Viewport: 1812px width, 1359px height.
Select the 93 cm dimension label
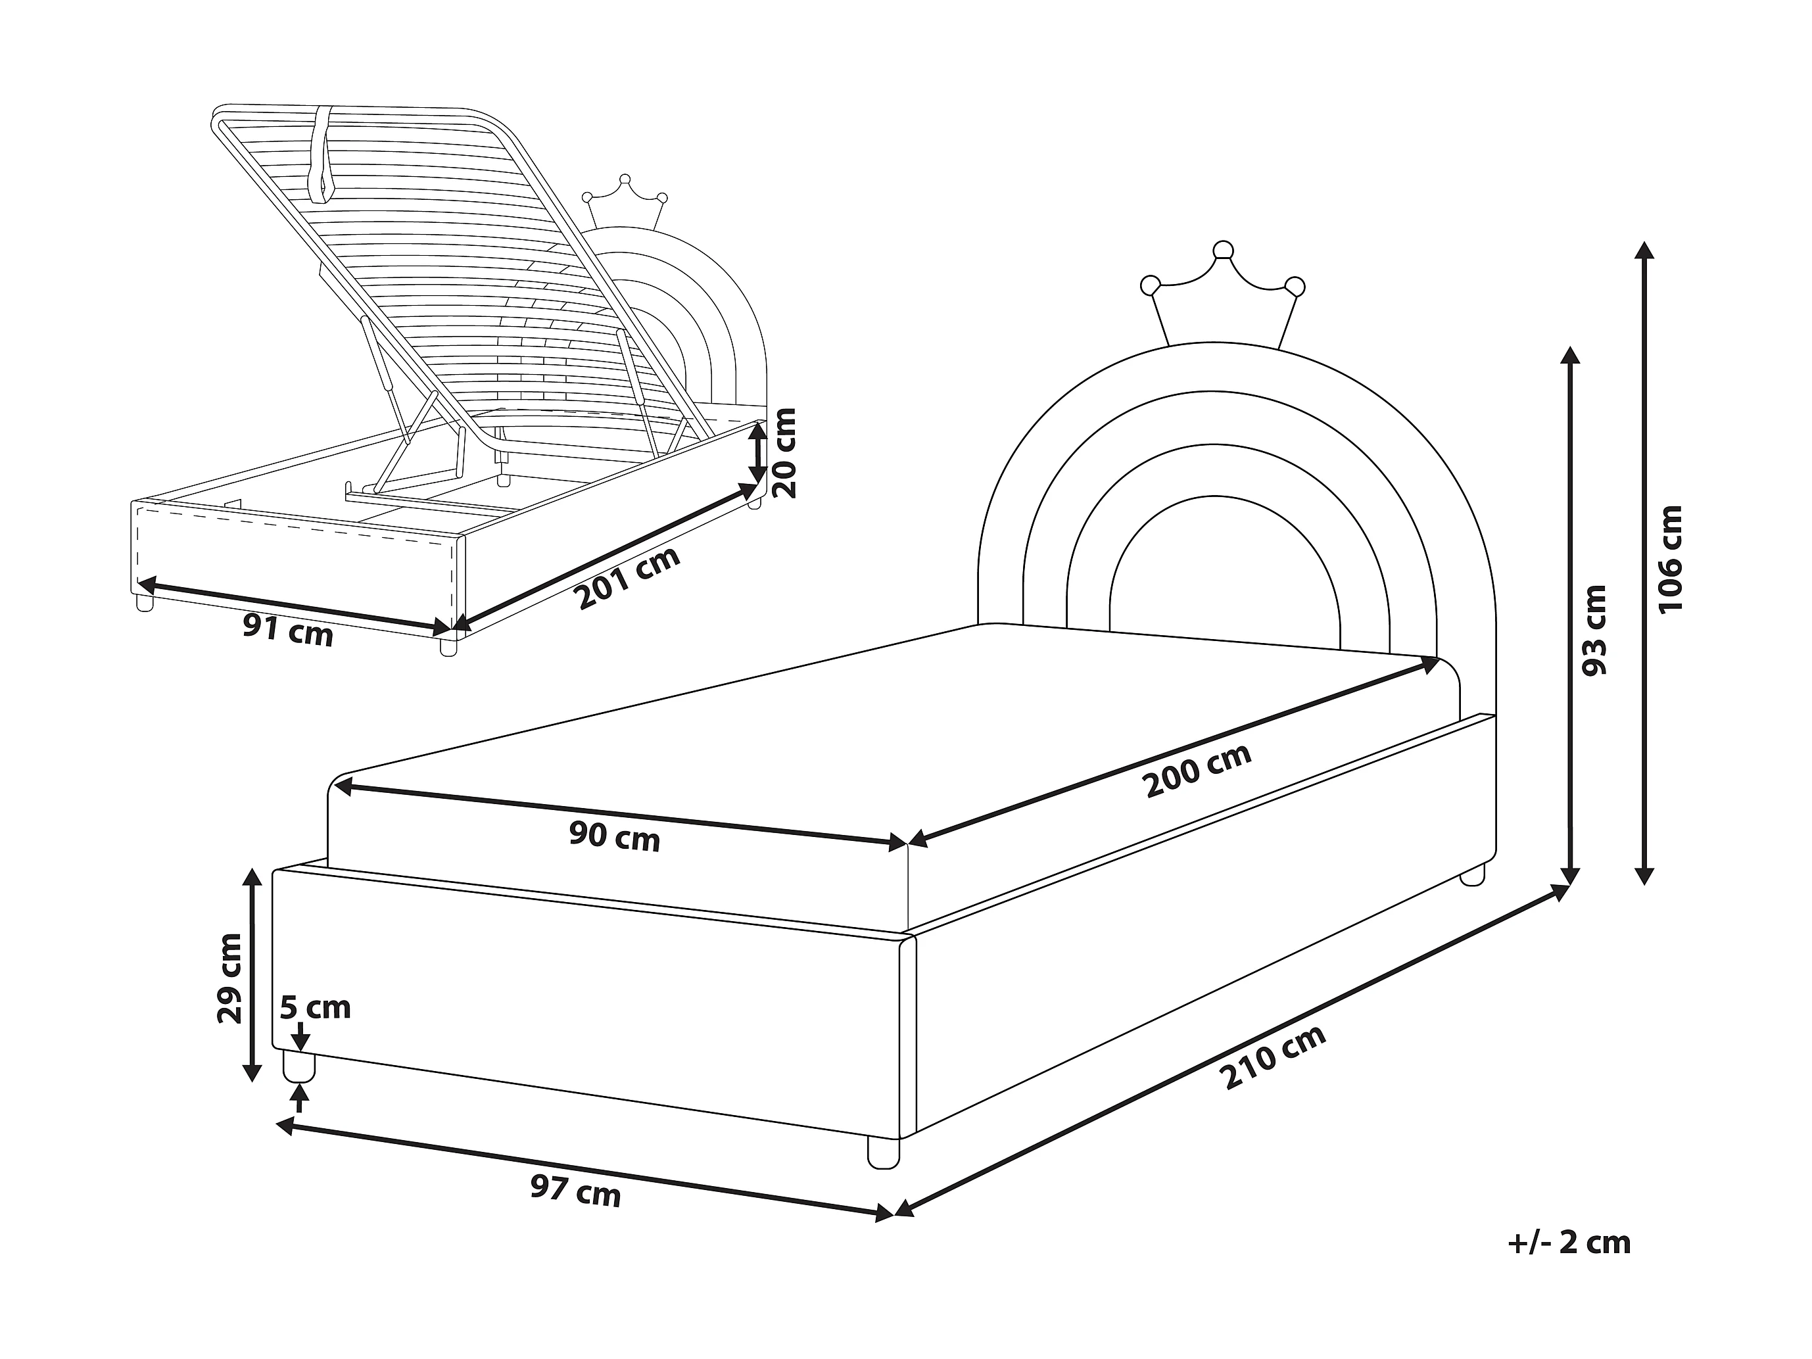click(x=1594, y=630)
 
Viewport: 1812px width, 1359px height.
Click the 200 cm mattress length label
click(x=1198, y=770)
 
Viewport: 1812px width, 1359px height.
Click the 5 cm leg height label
click(x=316, y=1007)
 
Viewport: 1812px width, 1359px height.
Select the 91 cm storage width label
click(x=287, y=631)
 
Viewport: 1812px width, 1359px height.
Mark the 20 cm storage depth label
click(x=785, y=453)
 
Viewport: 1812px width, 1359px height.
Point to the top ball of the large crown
click(x=1222, y=250)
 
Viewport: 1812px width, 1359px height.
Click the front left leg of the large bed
click(x=299, y=1065)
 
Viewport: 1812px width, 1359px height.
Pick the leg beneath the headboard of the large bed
click(x=1472, y=874)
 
